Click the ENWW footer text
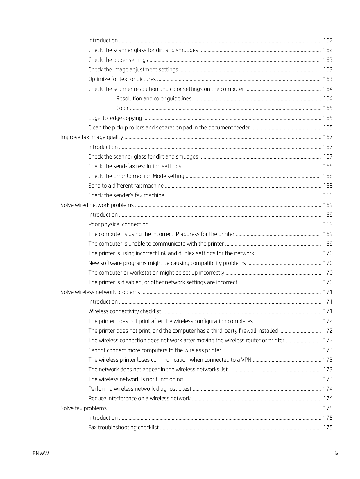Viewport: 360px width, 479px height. coord(41,453)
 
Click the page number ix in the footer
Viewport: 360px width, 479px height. coord(336,453)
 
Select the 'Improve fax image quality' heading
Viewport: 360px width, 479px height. coord(92,137)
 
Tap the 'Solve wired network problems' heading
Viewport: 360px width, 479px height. coord(97,205)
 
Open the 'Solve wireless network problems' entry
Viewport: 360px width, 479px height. coord(100,292)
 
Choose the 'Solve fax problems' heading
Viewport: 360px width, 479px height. coord(83,408)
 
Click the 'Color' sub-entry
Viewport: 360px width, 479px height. coord(122,108)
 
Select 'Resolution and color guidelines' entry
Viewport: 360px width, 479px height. coord(154,98)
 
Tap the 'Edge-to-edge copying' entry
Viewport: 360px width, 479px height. coord(115,118)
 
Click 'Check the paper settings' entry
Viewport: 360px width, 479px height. coord(118,60)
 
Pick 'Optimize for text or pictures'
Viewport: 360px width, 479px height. coord(122,79)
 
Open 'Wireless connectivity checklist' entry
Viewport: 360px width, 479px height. coord(125,311)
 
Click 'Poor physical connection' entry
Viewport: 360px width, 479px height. coord(119,224)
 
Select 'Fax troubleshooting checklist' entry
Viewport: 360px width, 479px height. coord(123,427)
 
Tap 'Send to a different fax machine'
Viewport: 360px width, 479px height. coord(126,186)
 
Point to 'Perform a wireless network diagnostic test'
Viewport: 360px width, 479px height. coord(140,389)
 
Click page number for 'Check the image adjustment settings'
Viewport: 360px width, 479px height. coord(328,69)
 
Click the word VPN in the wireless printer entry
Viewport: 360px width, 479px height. coord(246,360)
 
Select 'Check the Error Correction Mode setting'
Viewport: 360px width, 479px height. coord(136,176)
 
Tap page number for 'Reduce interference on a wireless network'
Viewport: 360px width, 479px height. coord(328,398)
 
